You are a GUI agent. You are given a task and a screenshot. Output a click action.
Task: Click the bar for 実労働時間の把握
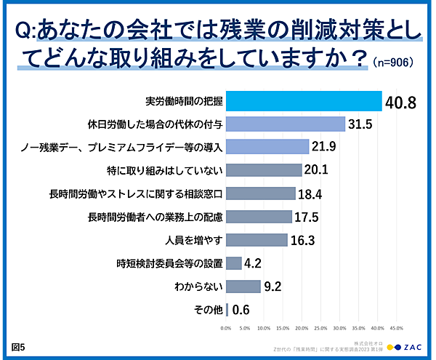[304, 100]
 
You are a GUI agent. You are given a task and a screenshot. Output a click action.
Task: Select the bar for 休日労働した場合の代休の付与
[286, 124]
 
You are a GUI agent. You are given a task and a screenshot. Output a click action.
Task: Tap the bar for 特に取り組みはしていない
[264, 170]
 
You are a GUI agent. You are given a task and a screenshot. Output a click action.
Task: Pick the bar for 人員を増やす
[257, 239]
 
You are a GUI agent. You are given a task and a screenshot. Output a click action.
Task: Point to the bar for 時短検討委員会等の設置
[234, 263]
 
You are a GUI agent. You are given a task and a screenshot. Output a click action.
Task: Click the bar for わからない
[243, 286]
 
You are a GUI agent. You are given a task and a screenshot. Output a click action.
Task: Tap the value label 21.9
[325, 148]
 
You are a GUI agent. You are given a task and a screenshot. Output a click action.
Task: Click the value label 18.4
[312, 193]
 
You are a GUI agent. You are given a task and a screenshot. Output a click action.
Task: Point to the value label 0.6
[241, 310]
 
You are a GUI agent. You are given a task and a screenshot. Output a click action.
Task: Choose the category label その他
[208, 309]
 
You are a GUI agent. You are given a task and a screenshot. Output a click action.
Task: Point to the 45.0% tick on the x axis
[397, 328]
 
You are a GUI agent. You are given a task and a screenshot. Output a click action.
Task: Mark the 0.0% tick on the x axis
[226, 328]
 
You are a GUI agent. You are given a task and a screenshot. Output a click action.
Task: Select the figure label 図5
[18, 346]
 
